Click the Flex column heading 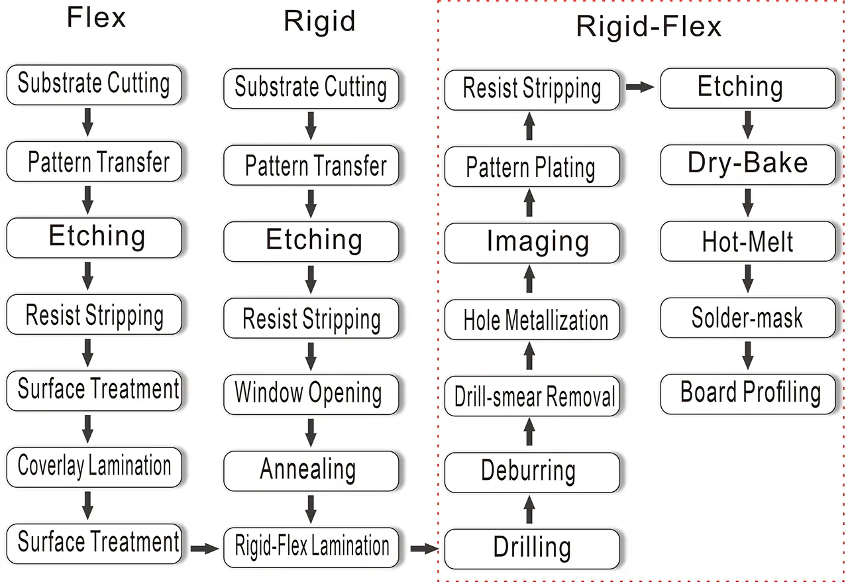click(x=96, y=18)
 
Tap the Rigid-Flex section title click(x=648, y=27)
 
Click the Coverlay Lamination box click(x=93, y=467)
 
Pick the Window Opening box click(x=311, y=393)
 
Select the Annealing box click(x=311, y=470)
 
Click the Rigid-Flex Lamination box click(x=311, y=547)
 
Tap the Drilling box click(x=532, y=548)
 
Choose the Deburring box click(x=532, y=472)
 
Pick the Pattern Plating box click(x=532, y=166)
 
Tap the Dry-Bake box click(x=747, y=164)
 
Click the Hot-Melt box click(x=747, y=242)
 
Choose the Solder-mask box click(x=747, y=318)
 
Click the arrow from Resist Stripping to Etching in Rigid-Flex click(x=639, y=86)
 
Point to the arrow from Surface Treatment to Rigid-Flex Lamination click(x=204, y=548)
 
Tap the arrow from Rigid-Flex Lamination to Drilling click(x=424, y=548)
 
